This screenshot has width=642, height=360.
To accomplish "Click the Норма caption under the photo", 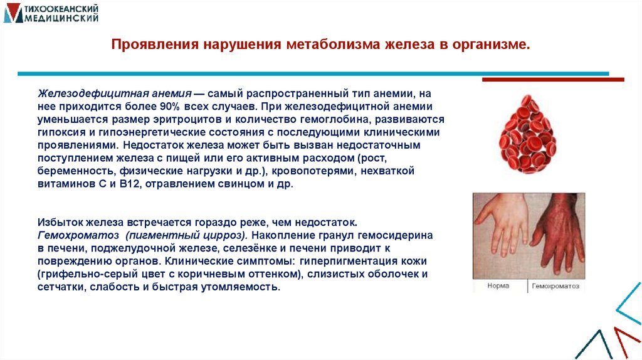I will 499,285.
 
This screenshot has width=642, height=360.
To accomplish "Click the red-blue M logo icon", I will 11,13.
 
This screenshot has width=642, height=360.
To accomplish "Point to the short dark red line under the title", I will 552,80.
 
